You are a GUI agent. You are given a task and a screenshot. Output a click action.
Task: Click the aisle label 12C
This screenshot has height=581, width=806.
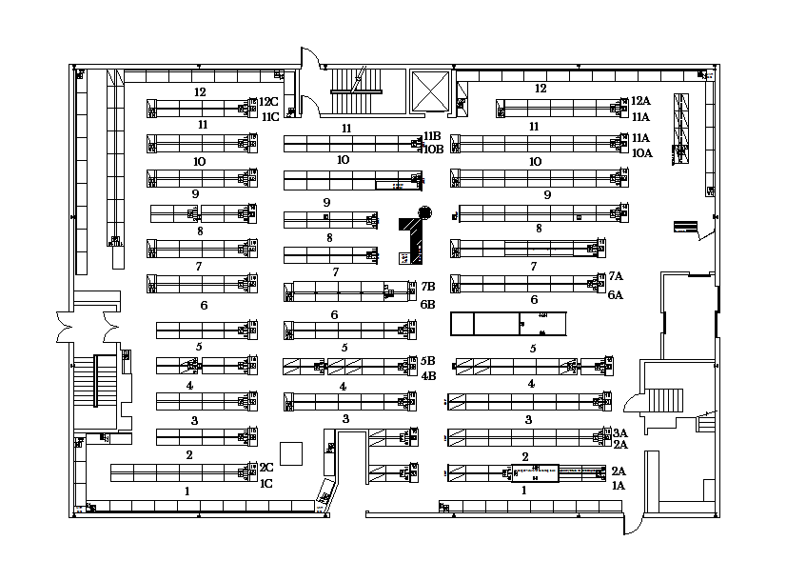pyautogui.click(x=269, y=102)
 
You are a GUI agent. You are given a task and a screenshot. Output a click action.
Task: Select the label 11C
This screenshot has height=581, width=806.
pyautogui.click(x=270, y=117)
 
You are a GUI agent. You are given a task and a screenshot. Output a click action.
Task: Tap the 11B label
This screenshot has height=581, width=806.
pyautogui.click(x=433, y=136)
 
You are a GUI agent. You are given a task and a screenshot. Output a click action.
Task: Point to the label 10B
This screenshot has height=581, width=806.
pyautogui.click(x=433, y=150)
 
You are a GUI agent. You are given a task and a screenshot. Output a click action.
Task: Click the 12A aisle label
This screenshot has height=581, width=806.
pyautogui.click(x=639, y=101)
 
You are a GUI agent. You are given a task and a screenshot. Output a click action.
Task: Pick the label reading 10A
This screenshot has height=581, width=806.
pyautogui.click(x=641, y=152)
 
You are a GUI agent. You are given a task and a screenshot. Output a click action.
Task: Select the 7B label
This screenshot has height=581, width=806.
pyautogui.click(x=428, y=286)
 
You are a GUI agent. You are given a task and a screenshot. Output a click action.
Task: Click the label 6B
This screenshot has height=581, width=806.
pyautogui.click(x=428, y=305)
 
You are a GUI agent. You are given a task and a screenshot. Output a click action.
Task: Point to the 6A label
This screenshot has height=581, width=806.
pyautogui.click(x=615, y=295)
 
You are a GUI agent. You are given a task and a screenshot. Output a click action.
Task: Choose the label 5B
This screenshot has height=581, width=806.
pyautogui.click(x=428, y=361)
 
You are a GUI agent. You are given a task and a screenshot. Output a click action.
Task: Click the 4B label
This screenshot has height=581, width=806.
pyautogui.click(x=428, y=375)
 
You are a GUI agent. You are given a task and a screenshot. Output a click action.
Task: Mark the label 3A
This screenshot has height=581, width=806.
pyautogui.click(x=619, y=431)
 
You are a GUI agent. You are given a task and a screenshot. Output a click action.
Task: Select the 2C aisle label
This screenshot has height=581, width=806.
pyautogui.click(x=266, y=468)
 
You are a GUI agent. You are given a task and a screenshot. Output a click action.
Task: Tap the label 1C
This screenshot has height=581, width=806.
pyautogui.click(x=266, y=483)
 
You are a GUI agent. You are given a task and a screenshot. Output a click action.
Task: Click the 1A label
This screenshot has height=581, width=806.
pyautogui.click(x=619, y=486)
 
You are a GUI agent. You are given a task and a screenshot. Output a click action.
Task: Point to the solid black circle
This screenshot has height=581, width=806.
pyautogui.click(x=424, y=211)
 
